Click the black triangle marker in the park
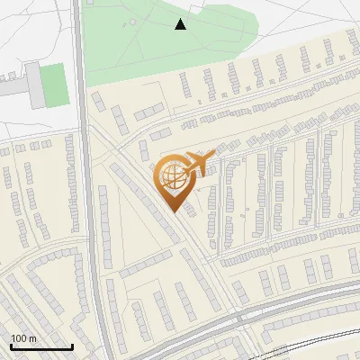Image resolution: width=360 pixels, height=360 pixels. click(181, 24)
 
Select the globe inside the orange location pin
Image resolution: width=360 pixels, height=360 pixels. click(172, 178)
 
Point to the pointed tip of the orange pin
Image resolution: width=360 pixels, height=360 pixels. click(174, 212)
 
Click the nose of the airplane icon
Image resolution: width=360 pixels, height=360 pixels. click(212, 154)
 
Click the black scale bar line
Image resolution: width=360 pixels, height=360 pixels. click(41, 346)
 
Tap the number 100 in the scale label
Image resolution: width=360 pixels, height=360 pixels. click(20, 338)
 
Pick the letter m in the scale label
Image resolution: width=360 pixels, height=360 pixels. click(32, 338)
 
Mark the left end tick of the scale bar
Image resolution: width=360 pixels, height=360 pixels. click(11, 346)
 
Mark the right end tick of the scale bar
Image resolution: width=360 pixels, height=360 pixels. click(72, 346)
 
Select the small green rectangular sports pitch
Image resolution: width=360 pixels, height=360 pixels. click(55, 84)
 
